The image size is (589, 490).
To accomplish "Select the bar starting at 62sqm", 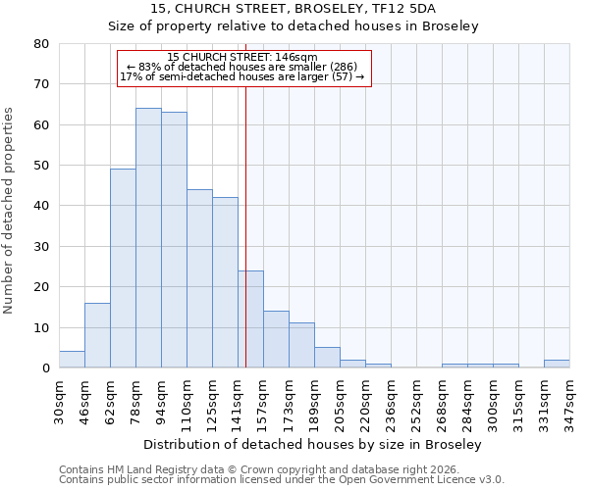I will coord(123,269).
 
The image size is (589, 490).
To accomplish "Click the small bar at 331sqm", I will coord(557,364).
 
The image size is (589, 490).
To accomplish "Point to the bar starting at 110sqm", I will coord(199,278).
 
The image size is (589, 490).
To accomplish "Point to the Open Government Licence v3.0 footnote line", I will coord(282,479).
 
